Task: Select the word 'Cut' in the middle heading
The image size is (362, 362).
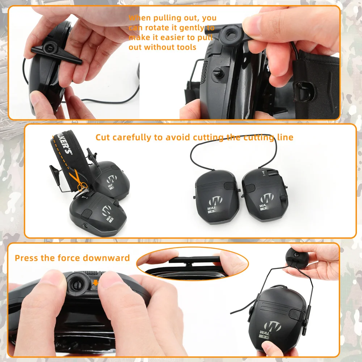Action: pyautogui.click(x=103, y=137)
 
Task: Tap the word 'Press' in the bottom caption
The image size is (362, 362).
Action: pyautogui.click(x=25, y=258)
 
